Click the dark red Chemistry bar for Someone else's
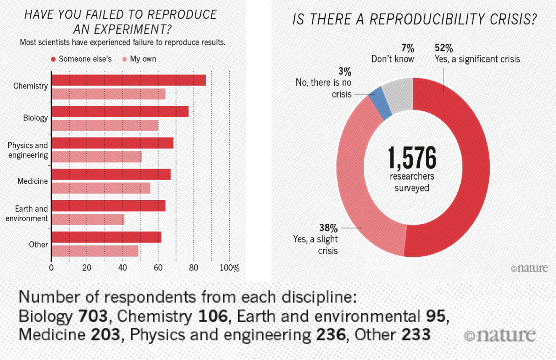coord(129,80)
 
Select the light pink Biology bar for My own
coord(105,126)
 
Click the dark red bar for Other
coord(106,237)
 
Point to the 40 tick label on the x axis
coord(123,268)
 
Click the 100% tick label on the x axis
coord(229,268)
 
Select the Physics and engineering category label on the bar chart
coord(28,150)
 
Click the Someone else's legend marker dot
coord(53,59)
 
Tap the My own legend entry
coord(139,59)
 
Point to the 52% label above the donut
coord(444,48)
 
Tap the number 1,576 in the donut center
coord(411,158)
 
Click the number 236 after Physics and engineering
coord(331,335)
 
